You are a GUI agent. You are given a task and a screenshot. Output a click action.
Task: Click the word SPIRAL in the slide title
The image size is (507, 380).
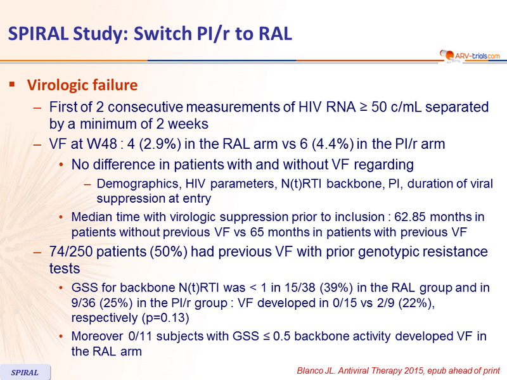click(38, 34)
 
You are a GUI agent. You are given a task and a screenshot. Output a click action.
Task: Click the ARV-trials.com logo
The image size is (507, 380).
click(470, 56)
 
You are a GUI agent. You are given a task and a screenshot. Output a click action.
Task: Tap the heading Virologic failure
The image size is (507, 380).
click(82, 85)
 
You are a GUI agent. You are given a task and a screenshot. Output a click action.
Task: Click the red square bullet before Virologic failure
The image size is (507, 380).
click(12, 85)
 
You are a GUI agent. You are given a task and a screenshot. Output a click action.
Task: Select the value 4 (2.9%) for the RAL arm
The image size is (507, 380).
click(154, 144)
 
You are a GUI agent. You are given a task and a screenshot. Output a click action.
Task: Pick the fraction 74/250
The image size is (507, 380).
click(71, 251)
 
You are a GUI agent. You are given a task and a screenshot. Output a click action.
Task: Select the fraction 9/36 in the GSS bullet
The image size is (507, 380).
click(84, 303)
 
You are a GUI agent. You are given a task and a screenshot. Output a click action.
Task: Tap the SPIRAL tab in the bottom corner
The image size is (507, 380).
click(25, 372)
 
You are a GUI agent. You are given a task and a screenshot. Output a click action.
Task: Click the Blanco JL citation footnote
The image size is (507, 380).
click(399, 370)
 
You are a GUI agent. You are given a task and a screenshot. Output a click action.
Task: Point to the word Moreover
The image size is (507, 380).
click(98, 336)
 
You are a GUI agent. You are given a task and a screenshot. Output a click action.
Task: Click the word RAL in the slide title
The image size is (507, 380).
click(275, 34)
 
